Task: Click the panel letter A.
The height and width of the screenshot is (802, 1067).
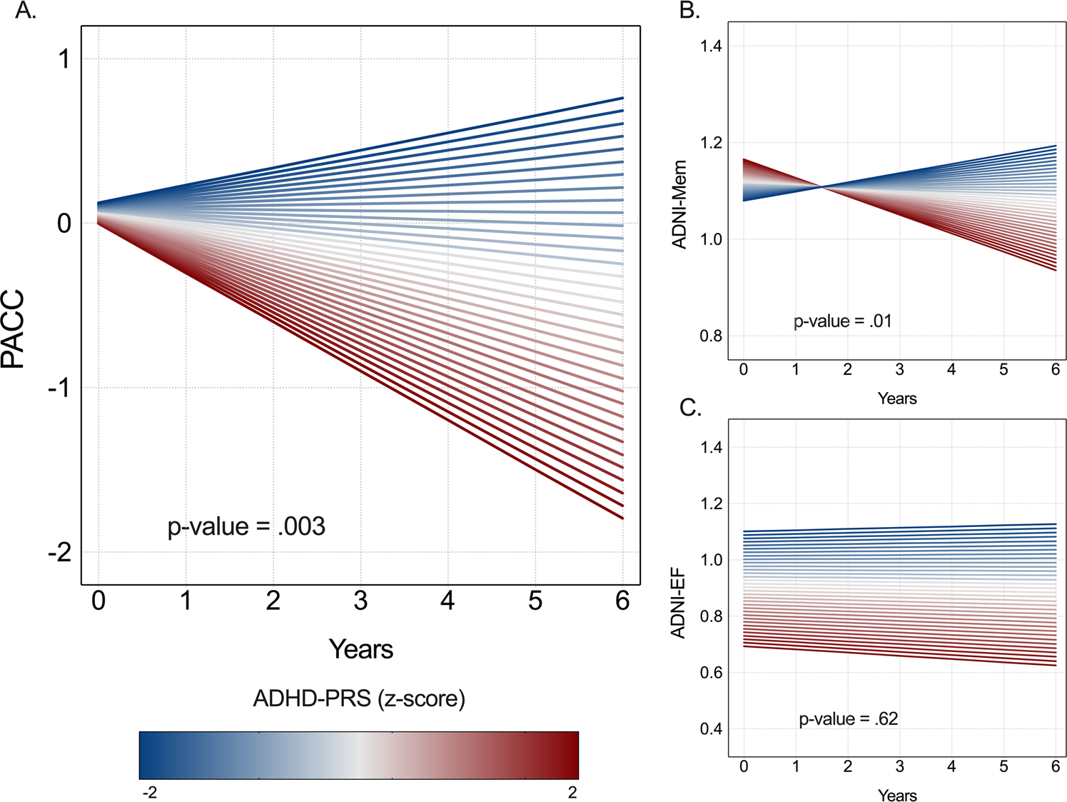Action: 25,11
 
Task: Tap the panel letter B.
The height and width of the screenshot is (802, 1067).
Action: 689,11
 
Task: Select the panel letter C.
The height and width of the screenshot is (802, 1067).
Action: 690,408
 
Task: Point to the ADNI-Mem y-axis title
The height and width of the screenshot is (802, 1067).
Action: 679,204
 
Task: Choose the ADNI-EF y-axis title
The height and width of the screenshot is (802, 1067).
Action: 678,603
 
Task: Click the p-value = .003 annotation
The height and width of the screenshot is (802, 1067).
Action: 246,527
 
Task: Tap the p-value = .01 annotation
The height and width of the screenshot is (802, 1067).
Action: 843,321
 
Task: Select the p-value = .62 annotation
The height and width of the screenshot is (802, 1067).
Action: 848,718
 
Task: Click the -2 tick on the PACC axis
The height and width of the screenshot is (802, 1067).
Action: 60,553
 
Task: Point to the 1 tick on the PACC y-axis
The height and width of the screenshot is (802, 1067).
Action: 64,59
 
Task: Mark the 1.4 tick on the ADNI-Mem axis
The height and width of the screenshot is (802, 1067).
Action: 711,46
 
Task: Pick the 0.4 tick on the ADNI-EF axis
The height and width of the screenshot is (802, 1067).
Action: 711,729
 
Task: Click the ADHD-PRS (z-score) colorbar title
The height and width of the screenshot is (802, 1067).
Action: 359,698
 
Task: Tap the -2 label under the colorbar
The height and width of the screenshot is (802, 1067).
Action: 150,792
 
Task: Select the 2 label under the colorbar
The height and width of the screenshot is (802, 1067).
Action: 572,792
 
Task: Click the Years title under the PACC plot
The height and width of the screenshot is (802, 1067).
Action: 361,649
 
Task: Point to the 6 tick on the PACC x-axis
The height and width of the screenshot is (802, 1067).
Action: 622,601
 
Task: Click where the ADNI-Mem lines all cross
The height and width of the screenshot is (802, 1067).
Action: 822,187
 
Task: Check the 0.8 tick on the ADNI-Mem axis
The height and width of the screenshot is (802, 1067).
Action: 711,336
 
